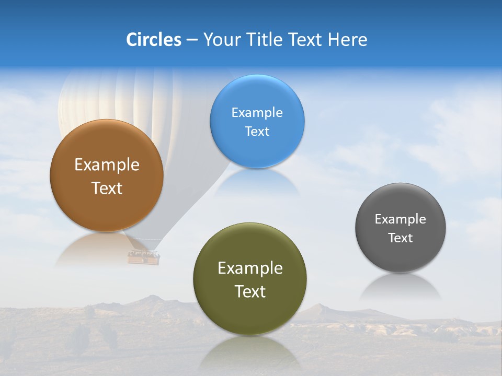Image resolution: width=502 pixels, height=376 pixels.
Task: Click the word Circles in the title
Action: click(x=154, y=40)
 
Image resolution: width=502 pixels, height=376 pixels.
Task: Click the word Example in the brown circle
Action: click(x=107, y=165)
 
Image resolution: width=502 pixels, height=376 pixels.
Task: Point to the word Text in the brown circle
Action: click(x=107, y=188)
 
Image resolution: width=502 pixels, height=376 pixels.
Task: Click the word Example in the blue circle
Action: click(x=257, y=113)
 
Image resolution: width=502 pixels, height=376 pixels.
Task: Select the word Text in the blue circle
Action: click(x=257, y=132)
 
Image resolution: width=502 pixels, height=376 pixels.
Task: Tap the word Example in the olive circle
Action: click(x=250, y=268)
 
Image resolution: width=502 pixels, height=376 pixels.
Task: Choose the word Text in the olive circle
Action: click(x=250, y=291)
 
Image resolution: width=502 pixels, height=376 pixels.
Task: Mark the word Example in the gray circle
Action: click(x=400, y=219)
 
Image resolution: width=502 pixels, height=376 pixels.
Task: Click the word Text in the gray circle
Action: click(x=400, y=238)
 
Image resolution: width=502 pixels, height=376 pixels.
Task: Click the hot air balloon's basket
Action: click(x=144, y=257)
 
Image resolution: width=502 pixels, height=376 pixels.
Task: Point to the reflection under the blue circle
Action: click(x=257, y=183)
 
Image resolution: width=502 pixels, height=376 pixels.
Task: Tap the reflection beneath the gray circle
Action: click(x=400, y=287)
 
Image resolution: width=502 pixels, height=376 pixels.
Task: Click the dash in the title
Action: click(x=192, y=40)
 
